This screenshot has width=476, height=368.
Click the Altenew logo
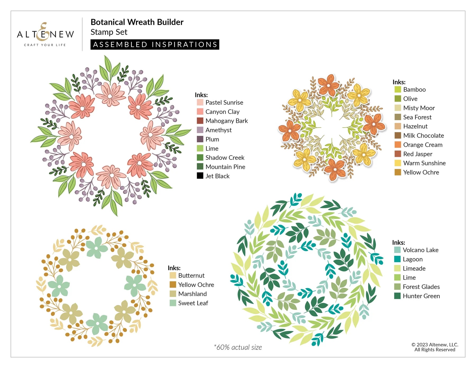coord(45,34)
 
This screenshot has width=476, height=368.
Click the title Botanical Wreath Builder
coord(137,22)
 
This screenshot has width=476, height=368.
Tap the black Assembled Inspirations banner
coord(155,44)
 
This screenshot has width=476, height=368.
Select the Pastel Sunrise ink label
coord(224,103)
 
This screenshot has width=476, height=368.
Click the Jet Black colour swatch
coord(200,176)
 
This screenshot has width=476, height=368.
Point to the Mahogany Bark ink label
coord(226,121)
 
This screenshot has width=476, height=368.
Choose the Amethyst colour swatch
coord(200,130)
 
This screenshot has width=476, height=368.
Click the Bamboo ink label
coord(414,90)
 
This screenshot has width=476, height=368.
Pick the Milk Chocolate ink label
coord(423,136)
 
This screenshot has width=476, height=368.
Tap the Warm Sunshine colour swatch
coord(397,163)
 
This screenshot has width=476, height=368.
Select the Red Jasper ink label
coord(418,154)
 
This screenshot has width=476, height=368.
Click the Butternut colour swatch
coord(173,275)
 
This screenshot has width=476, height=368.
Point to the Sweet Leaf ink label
coord(193,303)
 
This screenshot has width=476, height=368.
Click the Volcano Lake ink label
coord(420,250)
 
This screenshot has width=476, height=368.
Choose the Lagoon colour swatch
coord(397,259)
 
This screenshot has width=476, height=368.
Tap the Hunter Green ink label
coord(421,296)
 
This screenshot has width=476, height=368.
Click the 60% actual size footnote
coord(238,347)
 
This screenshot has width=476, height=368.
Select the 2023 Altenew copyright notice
coord(435,347)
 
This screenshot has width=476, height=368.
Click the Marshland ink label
coord(192,294)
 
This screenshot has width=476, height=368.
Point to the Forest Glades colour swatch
coord(397,287)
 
